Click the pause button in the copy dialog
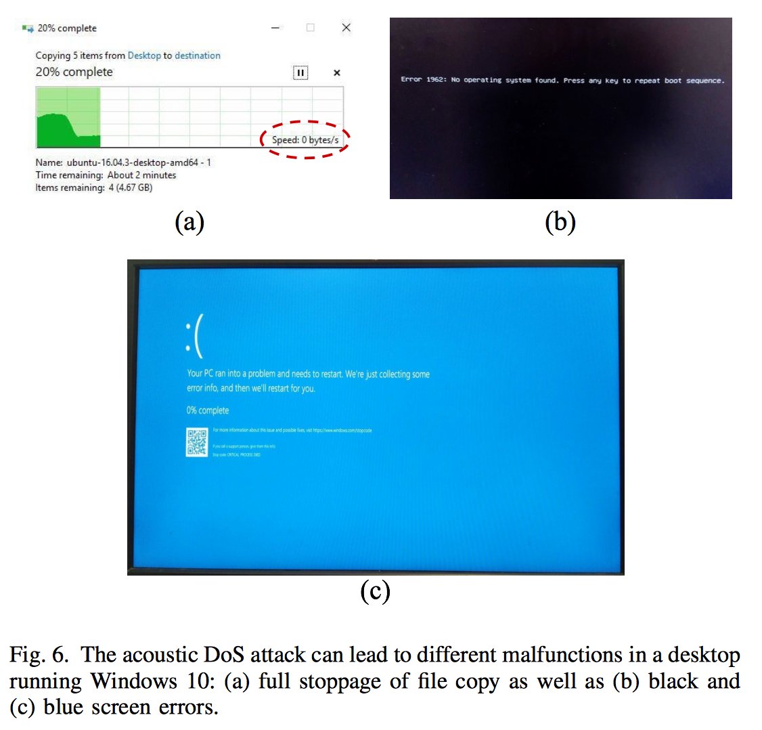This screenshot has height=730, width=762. click(300, 72)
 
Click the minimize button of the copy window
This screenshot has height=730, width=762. click(276, 28)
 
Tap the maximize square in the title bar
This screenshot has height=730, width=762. click(311, 28)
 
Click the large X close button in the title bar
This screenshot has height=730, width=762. click(346, 28)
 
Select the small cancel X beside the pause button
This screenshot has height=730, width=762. click(337, 73)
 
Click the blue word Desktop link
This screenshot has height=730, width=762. click(144, 56)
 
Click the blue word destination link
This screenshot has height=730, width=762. click(198, 56)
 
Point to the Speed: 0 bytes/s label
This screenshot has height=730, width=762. click(305, 140)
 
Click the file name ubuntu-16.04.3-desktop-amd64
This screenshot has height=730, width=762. click(139, 163)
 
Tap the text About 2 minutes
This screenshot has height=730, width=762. click(141, 175)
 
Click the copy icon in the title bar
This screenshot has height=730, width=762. click(28, 28)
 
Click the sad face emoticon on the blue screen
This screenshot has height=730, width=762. click(194, 337)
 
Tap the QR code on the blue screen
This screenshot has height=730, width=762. click(197, 442)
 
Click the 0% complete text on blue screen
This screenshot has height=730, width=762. click(208, 410)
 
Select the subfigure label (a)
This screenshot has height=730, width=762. click(189, 221)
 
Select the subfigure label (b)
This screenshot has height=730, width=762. click(560, 221)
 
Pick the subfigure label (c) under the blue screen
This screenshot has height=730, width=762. click(375, 591)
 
